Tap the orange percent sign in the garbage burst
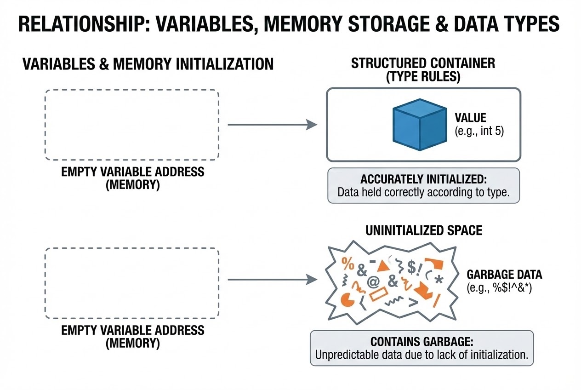pyautogui.click(x=348, y=264)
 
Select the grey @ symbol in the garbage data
pyautogui.click(x=372, y=282)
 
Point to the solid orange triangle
pyautogui.click(x=382, y=266)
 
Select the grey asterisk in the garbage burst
pyautogui.click(x=438, y=279)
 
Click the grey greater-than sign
pyautogui.click(x=412, y=302)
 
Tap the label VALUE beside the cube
pyautogui.click(x=470, y=117)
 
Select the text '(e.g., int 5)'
pyautogui.click(x=479, y=131)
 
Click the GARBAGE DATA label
pyautogui.click(x=504, y=275)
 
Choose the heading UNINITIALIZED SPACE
pyautogui.click(x=424, y=230)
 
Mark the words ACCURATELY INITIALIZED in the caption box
pyautogui.click(x=423, y=179)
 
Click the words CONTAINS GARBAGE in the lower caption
pyautogui.click(x=422, y=342)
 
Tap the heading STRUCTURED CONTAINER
pyautogui.click(x=423, y=63)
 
